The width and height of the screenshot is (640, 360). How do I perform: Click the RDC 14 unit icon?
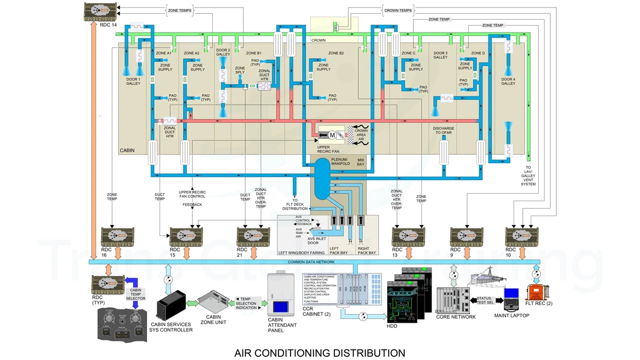coord(101,11)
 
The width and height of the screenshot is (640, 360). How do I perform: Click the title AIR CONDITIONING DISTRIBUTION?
coord(319,353)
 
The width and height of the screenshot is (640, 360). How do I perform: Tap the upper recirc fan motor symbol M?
coord(332,135)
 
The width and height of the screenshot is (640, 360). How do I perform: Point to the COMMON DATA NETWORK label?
coord(310,262)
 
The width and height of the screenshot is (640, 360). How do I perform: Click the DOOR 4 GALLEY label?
coord(508,81)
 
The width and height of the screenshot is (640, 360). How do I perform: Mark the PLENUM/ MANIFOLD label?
coord(340,161)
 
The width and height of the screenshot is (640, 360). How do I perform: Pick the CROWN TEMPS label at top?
coord(397,10)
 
